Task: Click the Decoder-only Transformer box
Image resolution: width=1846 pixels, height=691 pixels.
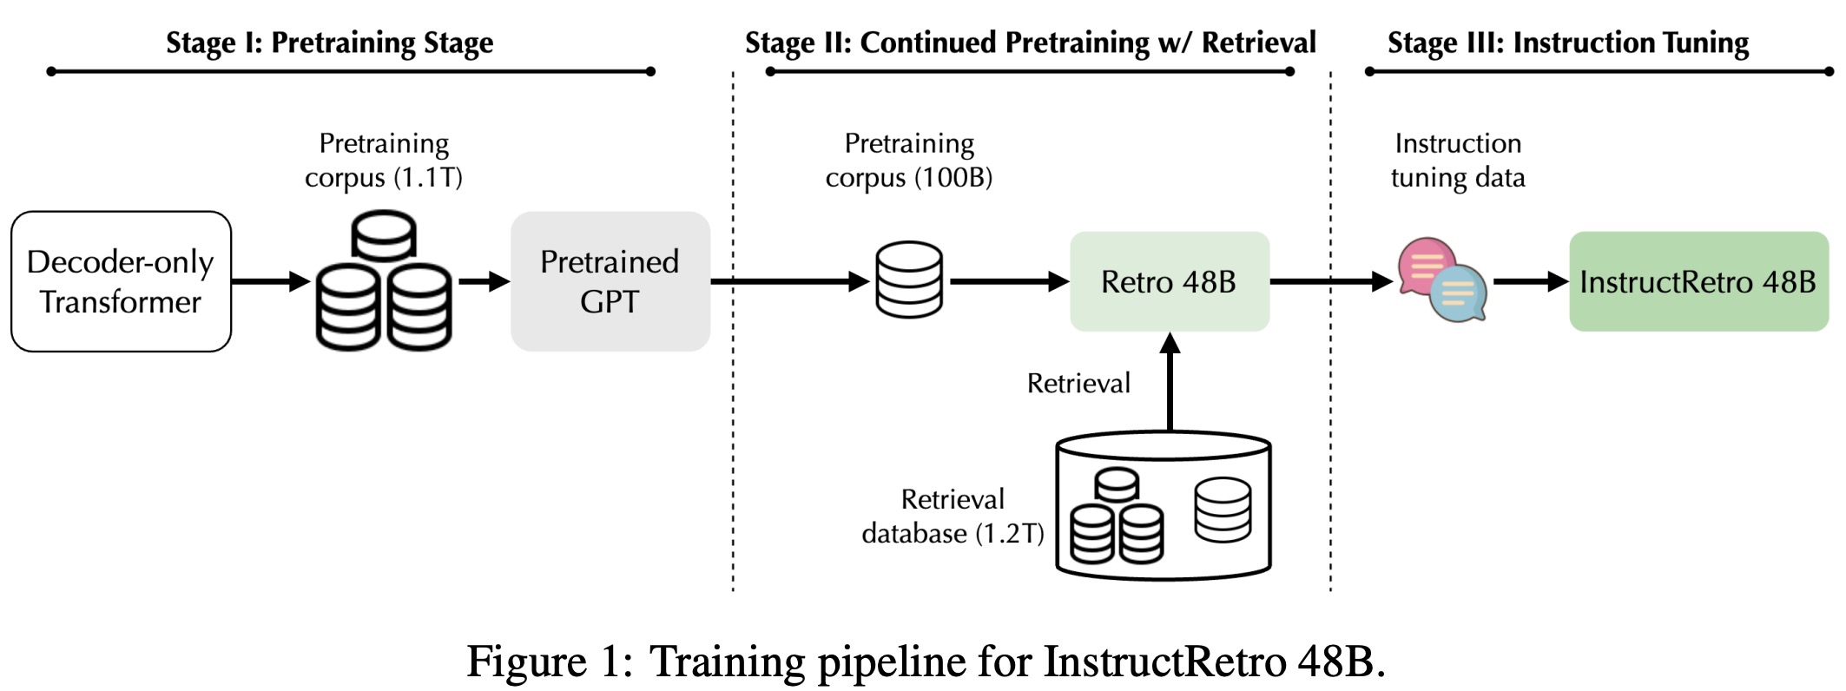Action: point(121,281)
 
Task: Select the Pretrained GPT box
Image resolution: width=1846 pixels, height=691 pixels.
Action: point(610,281)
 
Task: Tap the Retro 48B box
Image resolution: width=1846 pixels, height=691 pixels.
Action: point(1169,281)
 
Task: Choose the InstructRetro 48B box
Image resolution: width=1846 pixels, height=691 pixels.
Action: point(1698,281)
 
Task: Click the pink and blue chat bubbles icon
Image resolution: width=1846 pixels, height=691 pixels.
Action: point(1441,280)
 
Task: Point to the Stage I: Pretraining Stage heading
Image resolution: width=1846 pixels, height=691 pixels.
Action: point(329,43)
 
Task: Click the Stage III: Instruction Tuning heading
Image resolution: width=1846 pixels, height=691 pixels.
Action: point(1567,43)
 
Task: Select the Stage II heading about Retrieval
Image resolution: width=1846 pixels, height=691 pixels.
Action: point(1030,43)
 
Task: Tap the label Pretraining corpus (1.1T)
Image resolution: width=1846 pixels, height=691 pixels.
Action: point(383,160)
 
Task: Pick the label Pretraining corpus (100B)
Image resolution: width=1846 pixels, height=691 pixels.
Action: point(908,160)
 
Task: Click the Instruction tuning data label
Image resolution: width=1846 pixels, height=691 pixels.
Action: point(1457,160)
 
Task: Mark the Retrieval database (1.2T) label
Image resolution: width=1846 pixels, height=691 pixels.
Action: point(953,516)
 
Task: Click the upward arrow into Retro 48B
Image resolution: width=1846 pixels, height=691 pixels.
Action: point(1170,382)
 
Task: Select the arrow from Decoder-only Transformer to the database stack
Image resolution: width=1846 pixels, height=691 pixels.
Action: point(270,281)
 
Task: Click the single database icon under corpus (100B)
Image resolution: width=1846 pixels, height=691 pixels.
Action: point(908,280)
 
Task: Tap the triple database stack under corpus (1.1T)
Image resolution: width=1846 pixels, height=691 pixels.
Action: point(383,281)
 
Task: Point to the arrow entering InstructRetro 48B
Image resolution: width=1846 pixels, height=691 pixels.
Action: point(1530,281)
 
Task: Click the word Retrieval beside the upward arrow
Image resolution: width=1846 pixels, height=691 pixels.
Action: point(1078,383)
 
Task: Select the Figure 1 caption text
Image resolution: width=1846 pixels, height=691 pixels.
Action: point(926,661)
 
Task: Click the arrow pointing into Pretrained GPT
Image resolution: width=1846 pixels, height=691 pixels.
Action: point(484,281)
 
